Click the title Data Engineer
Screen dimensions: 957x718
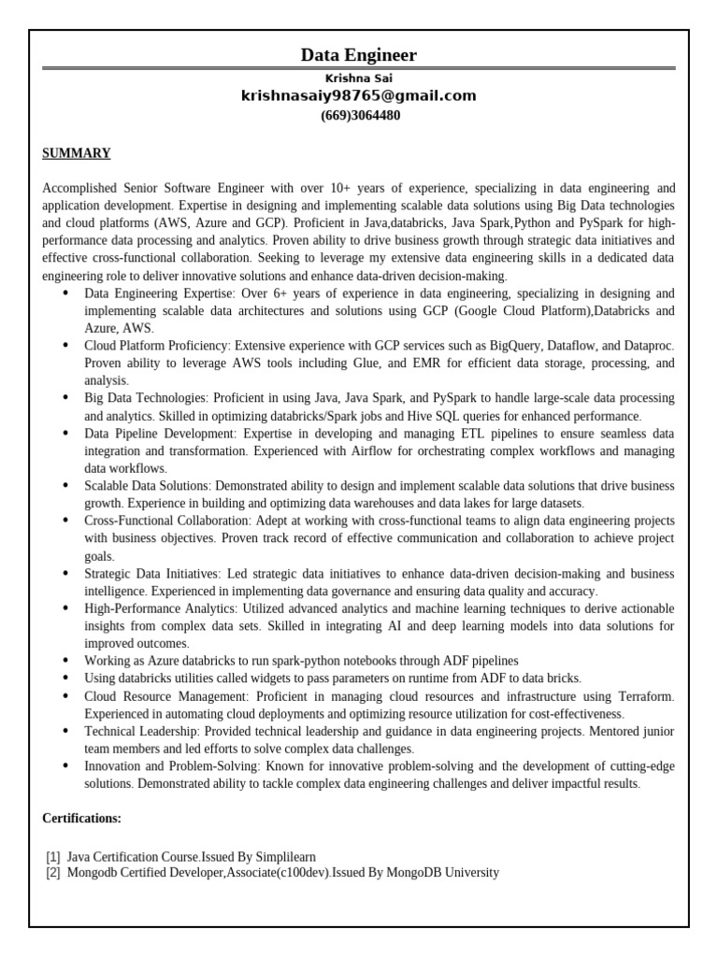[x=359, y=55]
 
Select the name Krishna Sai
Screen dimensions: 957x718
[x=359, y=79]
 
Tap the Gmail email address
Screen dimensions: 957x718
[x=359, y=96]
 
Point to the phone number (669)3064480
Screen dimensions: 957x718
[x=359, y=116]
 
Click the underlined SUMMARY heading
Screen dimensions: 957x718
[x=77, y=153]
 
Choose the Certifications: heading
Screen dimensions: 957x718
[x=82, y=819]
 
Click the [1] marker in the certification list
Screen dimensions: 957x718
[x=52, y=856]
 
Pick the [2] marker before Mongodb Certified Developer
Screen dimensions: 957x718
[x=52, y=873]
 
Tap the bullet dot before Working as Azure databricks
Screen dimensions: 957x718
[x=65, y=661]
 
